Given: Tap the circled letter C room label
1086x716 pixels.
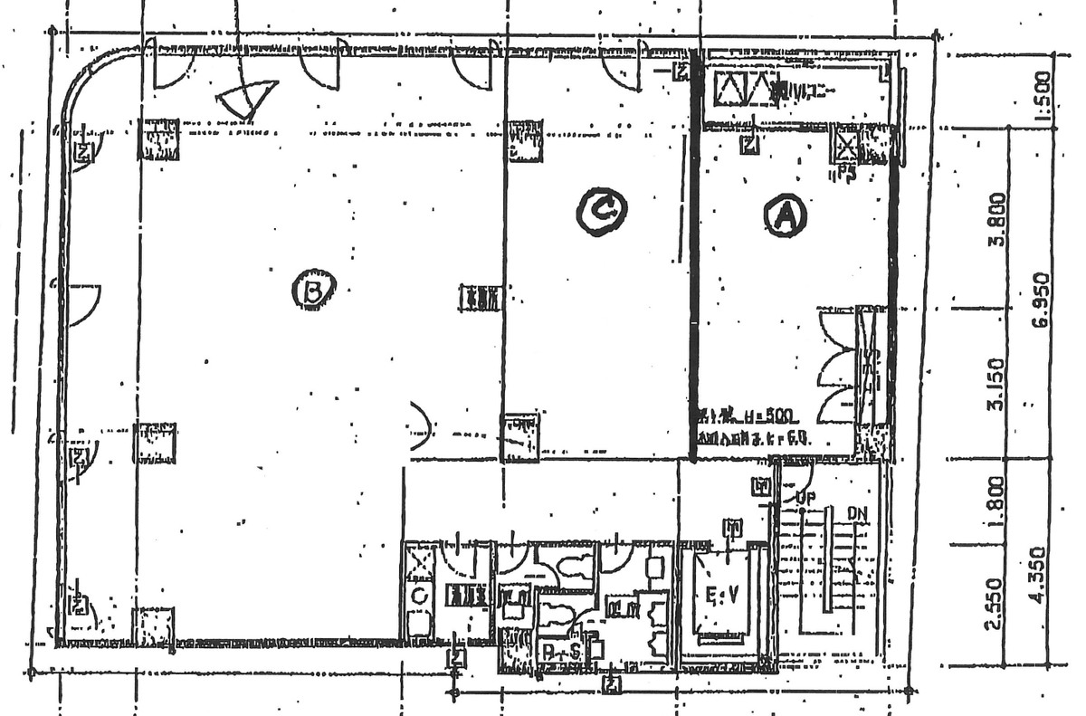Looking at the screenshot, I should (601, 211).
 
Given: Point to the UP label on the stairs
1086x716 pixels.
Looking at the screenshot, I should (806, 497).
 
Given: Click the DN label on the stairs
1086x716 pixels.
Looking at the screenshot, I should (858, 513).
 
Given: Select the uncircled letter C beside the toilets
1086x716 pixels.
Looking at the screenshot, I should (418, 596).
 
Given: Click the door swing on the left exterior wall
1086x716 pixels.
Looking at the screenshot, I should (82, 304).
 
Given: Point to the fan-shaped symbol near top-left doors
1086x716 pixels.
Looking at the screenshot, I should (246, 100).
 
